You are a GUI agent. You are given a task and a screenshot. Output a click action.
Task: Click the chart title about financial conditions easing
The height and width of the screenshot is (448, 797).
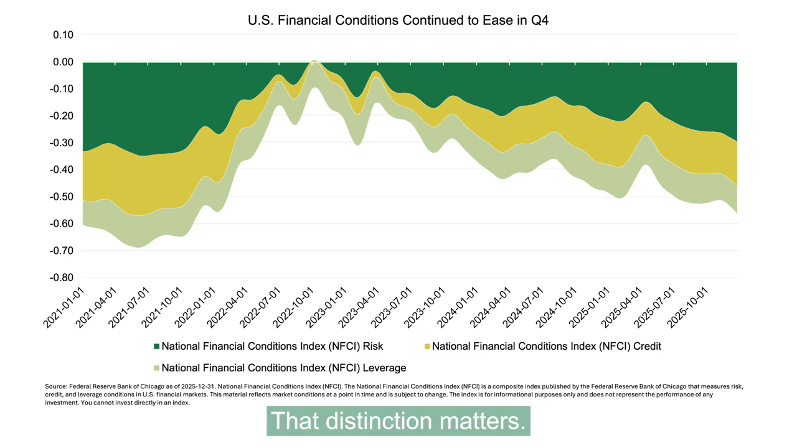(x=398, y=20)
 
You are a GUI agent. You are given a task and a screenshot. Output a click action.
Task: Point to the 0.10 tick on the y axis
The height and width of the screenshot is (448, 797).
(x=63, y=35)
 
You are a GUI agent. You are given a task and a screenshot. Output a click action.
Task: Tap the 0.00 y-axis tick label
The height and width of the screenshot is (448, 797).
(x=63, y=62)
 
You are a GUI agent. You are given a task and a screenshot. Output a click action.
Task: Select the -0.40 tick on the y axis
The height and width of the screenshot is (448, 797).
(x=62, y=170)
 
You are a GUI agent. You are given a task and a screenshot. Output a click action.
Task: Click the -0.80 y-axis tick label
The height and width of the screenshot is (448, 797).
(x=62, y=278)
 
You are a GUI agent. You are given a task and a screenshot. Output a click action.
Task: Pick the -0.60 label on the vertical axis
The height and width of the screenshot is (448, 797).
(x=62, y=224)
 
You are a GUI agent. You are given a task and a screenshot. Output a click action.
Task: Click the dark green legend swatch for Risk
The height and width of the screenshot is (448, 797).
(x=157, y=347)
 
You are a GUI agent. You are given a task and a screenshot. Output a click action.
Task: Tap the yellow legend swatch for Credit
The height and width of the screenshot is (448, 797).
(x=427, y=347)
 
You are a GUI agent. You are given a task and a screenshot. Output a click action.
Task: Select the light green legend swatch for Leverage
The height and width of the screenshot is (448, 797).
(x=157, y=368)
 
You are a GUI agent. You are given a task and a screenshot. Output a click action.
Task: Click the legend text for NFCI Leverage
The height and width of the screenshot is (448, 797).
(x=283, y=368)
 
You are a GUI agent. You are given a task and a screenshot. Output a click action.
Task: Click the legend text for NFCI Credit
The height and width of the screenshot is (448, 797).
(x=546, y=346)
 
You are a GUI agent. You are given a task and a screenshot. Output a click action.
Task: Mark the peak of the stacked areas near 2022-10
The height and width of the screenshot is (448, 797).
(x=315, y=61)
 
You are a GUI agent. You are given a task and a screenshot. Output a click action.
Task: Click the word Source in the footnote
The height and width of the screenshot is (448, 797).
(x=56, y=386)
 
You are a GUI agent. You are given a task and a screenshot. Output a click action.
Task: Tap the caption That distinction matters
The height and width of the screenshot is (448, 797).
(x=398, y=421)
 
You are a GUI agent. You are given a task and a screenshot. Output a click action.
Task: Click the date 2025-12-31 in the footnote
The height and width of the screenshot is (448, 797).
(x=202, y=386)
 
